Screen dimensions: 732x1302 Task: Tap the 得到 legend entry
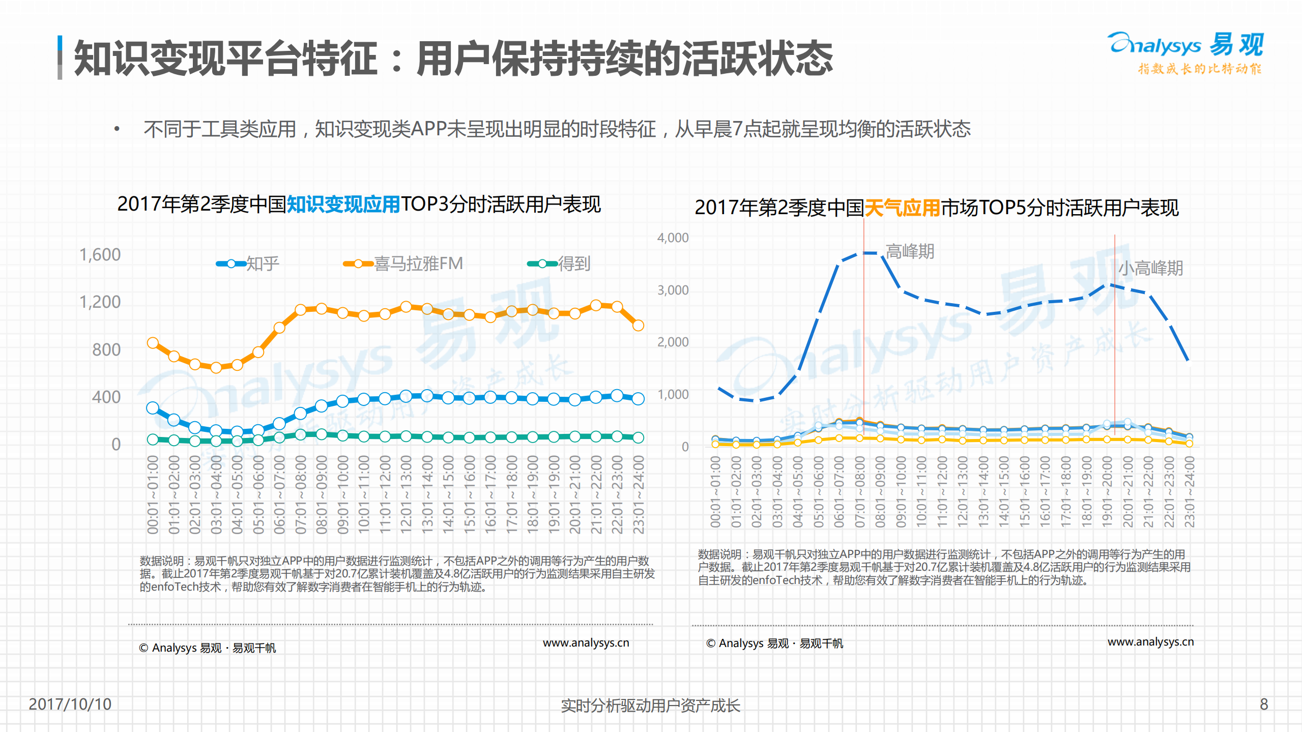pyautogui.click(x=559, y=263)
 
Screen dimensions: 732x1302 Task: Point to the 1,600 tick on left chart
pyautogui.click(x=100, y=254)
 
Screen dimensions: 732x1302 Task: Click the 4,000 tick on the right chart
pyautogui.click(x=673, y=238)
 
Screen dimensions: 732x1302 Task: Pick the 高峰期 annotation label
pyautogui.click(x=910, y=251)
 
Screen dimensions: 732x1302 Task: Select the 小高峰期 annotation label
pyautogui.click(x=1150, y=268)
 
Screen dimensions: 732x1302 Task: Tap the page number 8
pyautogui.click(x=1264, y=704)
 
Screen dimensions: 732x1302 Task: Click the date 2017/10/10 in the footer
pyautogui.click(x=70, y=704)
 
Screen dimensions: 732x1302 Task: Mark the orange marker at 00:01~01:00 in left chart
pyautogui.click(x=153, y=343)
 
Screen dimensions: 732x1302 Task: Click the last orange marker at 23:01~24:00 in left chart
pyautogui.click(x=638, y=325)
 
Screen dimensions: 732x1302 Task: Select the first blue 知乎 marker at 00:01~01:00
pyautogui.click(x=153, y=408)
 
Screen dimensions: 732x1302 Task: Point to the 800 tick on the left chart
pyautogui.click(x=106, y=349)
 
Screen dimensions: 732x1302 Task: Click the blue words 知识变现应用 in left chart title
pyautogui.click(x=343, y=204)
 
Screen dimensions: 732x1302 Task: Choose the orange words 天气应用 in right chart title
pyautogui.click(x=902, y=208)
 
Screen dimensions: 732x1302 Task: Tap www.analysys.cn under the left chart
pyautogui.click(x=586, y=642)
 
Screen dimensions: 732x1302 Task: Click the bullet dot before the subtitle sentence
pyautogui.click(x=117, y=129)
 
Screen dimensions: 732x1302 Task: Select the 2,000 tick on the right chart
pyautogui.click(x=673, y=342)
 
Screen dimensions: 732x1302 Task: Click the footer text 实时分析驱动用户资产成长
pyautogui.click(x=650, y=706)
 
